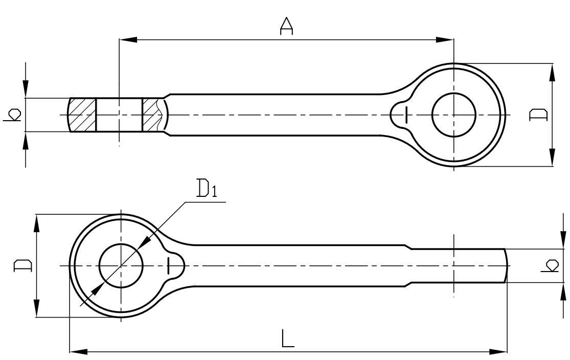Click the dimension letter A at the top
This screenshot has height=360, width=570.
pyautogui.click(x=286, y=26)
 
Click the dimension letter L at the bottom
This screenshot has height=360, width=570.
pyautogui.click(x=287, y=338)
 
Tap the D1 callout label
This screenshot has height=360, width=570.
pyautogui.click(x=207, y=188)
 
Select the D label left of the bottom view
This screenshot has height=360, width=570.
pyautogui.click(x=22, y=265)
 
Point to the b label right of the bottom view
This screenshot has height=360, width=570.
pyautogui.click(x=549, y=265)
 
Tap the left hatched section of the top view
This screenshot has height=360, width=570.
pyautogui.click(x=83, y=115)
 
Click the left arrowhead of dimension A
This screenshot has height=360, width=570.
pyautogui.click(x=128, y=40)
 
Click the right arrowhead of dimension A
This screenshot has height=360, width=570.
pyautogui.click(x=445, y=40)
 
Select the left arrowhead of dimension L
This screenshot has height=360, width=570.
pyautogui.click(x=79, y=352)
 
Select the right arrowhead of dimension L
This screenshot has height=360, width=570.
pyautogui.click(x=497, y=352)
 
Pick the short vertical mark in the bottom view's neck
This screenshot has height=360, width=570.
pyautogui.click(x=168, y=266)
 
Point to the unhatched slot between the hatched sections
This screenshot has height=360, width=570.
pyautogui.click(x=119, y=115)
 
